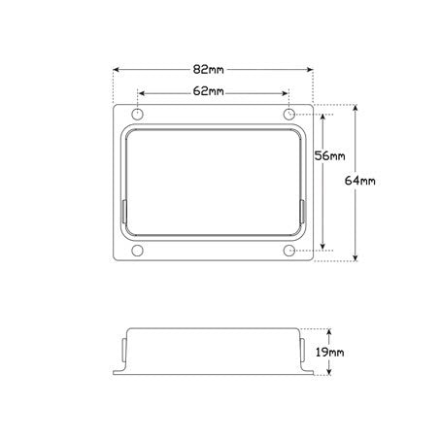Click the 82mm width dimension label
coord(208,70)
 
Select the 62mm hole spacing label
coord(208,91)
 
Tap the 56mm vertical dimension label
coord(329,156)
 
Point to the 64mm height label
coord(360,181)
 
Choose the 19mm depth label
coord(330,352)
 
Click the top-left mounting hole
coord(138,115)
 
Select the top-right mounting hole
coord(289,115)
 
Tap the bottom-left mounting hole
coord(138,251)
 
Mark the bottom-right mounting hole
coord(289,251)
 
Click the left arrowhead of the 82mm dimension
coord(117,70)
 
